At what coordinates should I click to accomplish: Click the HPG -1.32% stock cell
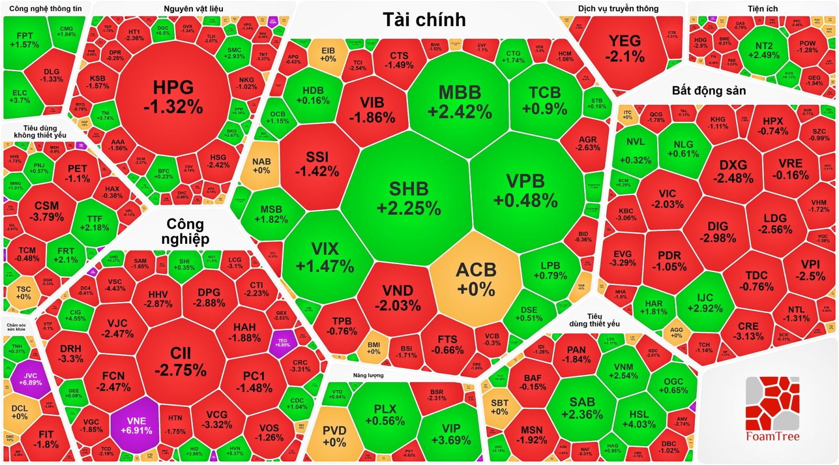[x=173, y=97]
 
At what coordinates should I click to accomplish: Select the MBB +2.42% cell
[x=459, y=101]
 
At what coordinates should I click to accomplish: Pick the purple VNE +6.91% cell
[x=136, y=425]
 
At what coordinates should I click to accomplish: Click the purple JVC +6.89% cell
[x=30, y=379]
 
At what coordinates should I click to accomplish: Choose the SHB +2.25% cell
[x=408, y=198]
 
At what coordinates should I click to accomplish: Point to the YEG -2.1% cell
[x=625, y=48]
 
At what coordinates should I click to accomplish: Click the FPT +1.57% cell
[x=24, y=40]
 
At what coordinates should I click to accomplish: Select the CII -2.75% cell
[x=180, y=361]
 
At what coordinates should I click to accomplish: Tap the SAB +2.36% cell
[x=582, y=408]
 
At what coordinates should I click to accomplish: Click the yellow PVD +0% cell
[x=334, y=436]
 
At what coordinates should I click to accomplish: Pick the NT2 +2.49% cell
[x=764, y=50]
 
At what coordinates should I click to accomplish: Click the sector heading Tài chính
[x=424, y=19]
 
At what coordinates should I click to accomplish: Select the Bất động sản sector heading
[x=708, y=91]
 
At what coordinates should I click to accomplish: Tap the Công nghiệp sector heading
[x=185, y=231]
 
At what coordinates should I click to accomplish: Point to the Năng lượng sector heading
[x=368, y=375]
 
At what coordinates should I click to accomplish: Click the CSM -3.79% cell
[x=47, y=211]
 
